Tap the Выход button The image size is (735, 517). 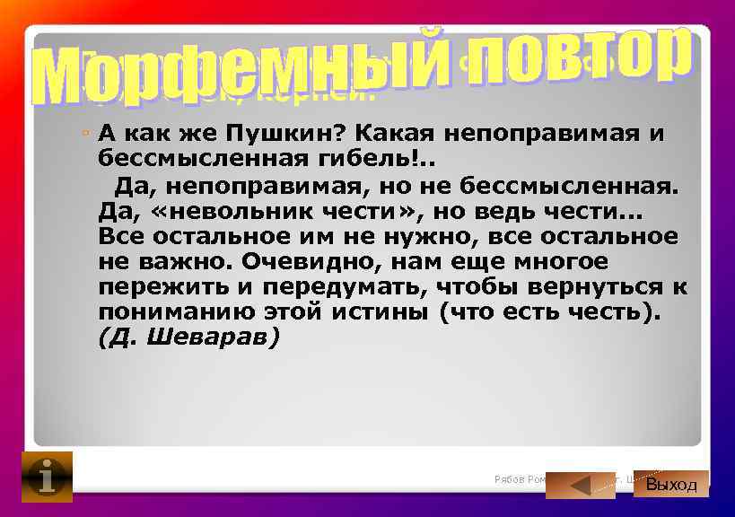671,485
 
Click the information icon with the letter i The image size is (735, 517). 46,477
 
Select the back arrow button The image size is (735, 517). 581,486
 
